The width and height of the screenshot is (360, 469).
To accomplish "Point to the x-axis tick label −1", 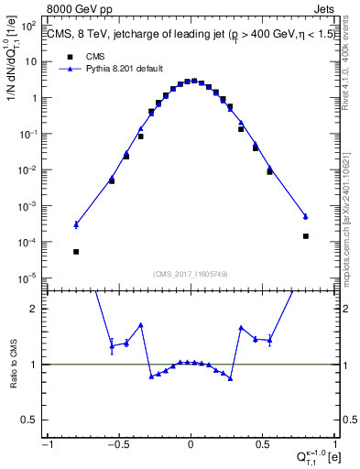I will point(47,444).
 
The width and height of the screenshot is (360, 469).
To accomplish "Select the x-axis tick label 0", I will point(191,444).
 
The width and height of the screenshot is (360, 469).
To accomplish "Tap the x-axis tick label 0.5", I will point(263,444).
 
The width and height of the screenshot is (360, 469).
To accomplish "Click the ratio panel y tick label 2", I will point(35,309).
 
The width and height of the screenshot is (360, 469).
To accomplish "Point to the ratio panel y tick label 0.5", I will point(31,420).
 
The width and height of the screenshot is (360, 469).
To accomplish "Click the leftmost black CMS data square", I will point(76,252).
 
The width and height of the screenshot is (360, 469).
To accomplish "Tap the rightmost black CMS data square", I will point(306,236).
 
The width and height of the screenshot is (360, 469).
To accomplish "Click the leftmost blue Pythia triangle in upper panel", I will point(76,224).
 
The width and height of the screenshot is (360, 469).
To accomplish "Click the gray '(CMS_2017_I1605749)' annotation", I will point(190,274).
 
